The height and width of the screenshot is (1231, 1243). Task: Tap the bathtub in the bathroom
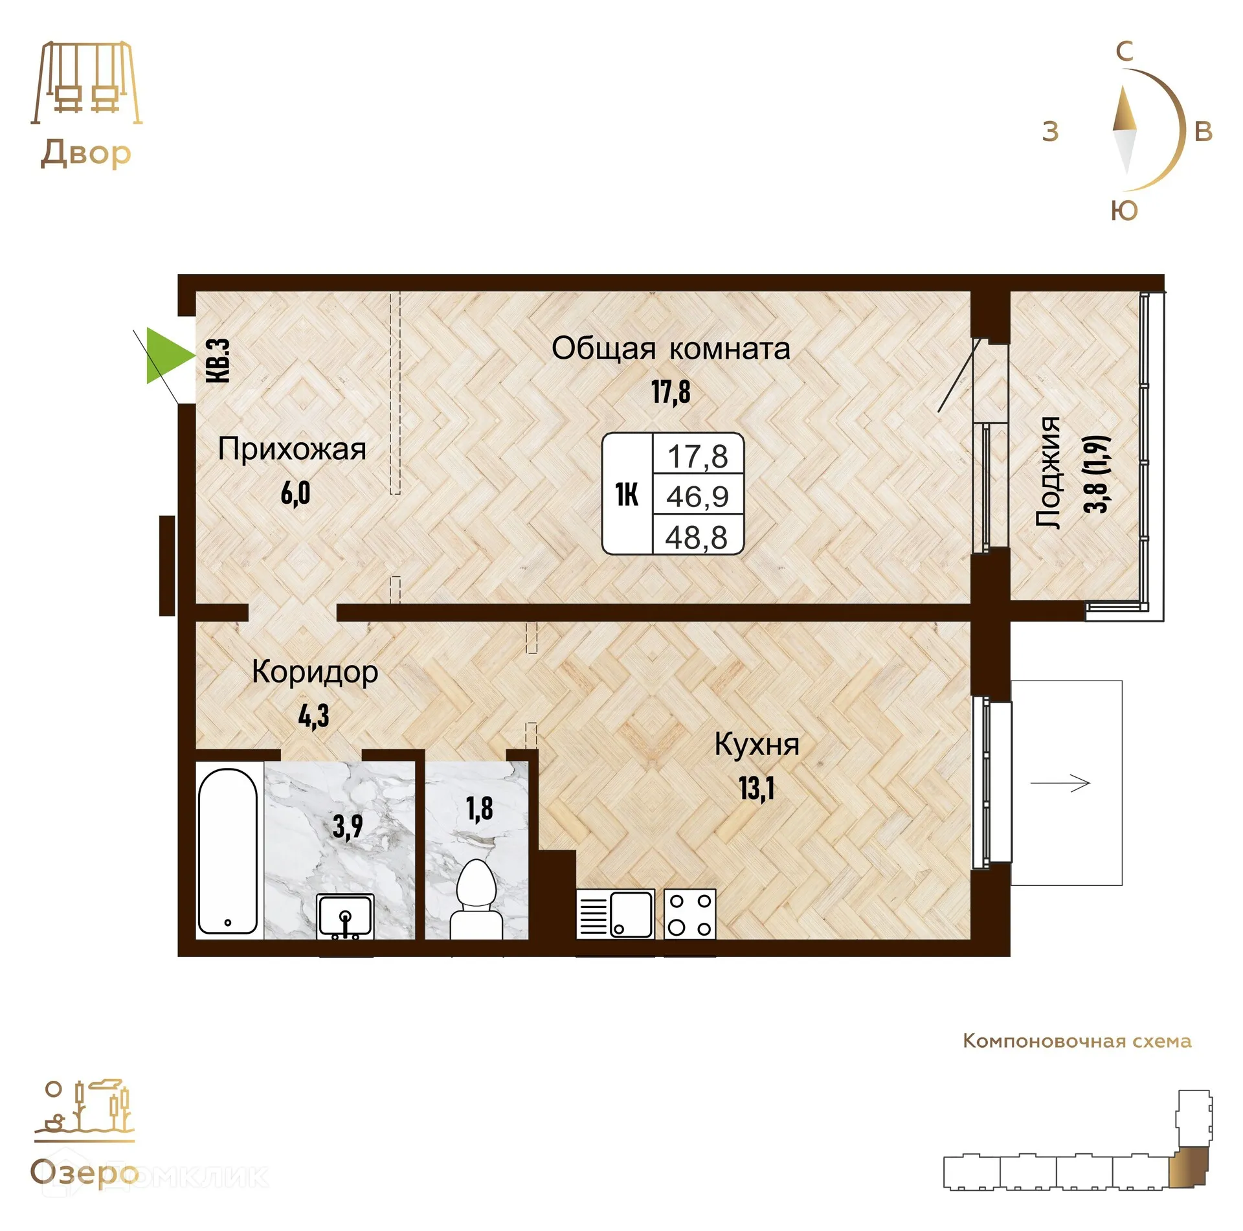[x=228, y=851]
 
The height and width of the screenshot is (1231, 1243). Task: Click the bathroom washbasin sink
[x=345, y=916]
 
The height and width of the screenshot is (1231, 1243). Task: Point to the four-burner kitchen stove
[x=690, y=914]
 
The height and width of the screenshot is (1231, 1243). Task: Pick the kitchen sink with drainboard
[x=616, y=914]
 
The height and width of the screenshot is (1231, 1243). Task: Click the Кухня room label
[x=757, y=745]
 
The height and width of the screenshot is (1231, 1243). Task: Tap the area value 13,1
[x=757, y=788]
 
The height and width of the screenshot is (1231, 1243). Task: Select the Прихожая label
[x=292, y=449]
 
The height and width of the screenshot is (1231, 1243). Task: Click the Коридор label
[x=315, y=673]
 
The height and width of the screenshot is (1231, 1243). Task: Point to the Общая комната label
[x=671, y=349]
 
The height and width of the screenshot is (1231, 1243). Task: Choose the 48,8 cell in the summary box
[x=697, y=537]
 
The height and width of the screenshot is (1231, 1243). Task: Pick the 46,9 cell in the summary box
[x=697, y=497]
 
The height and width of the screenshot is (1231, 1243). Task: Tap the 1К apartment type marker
[x=627, y=495]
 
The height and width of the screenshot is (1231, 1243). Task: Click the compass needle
[x=1125, y=130]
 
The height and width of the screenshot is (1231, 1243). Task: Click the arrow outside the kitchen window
[x=1060, y=783]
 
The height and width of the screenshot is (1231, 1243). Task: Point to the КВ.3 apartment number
[x=218, y=361]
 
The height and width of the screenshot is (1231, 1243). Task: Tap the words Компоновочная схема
[x=1077, y=1041]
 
